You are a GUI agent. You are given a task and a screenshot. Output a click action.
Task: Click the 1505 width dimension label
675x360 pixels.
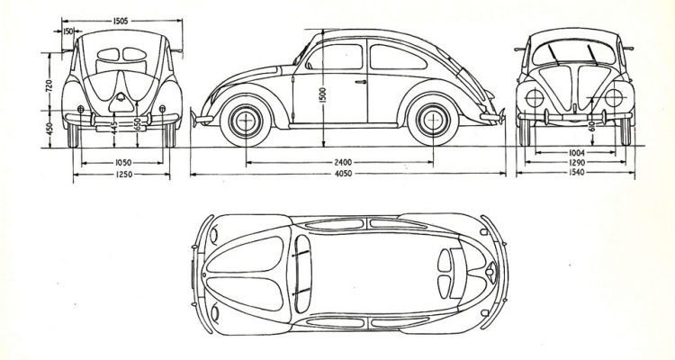[x=121, y=21]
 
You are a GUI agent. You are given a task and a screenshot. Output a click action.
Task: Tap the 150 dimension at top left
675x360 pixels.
[x=68, y=31]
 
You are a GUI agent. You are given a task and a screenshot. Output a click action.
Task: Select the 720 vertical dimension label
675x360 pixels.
[x=49, y=85]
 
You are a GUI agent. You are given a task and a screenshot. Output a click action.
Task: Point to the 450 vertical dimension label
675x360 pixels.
[x=49, y=129]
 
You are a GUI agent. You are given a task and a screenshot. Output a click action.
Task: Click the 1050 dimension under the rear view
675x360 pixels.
[x=123, y=162]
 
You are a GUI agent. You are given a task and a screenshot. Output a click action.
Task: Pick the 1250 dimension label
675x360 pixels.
[x=124, y=175]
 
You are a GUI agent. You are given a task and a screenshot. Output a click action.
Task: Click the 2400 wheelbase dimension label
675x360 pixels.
[x=343, y=162]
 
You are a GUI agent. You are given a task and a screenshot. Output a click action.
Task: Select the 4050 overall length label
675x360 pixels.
[x=343, y=174]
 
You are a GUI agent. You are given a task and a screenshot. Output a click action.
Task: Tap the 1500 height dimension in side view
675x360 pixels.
[x=323, y=95]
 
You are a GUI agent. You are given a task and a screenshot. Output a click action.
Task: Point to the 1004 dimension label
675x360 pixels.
[x=577, y=152]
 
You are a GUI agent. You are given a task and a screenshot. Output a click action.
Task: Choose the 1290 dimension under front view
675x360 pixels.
[x=577, y=163]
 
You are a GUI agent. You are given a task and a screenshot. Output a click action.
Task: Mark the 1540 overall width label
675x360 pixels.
[x=577, y=173]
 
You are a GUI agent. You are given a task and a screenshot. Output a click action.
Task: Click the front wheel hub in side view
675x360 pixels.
[x=246, y=121]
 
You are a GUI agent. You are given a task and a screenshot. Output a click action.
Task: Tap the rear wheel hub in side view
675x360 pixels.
[x=433, y=120]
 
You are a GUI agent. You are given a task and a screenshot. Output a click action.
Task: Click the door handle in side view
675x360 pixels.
[x=360, y=81]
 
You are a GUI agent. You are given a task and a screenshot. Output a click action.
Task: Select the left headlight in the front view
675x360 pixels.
[x=535, y=98]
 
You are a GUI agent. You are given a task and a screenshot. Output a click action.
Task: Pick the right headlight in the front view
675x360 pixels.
[x=614, y=98]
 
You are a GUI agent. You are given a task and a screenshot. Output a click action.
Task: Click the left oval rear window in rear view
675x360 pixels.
[x=108, y=54]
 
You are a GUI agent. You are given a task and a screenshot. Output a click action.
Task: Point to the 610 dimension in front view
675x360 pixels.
[x=592, y=127]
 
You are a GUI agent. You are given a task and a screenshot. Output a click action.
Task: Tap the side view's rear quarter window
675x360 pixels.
[x=397, y=57]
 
